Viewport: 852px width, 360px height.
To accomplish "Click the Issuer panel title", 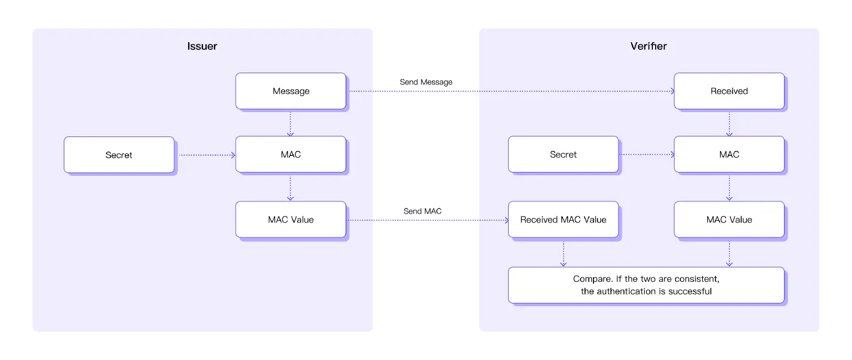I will point(202,46).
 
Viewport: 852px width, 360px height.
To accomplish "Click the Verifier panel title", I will point(648,46).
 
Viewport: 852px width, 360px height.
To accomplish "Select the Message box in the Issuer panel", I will point(291,91).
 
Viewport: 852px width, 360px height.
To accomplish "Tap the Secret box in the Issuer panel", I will point(119,155).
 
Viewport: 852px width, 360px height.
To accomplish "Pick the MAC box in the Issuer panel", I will point(291,154).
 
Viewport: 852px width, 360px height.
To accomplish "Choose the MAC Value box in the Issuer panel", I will point(291,220).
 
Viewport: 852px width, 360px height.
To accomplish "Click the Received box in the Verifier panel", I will point(729,91).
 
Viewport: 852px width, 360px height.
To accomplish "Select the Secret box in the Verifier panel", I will point(563,154).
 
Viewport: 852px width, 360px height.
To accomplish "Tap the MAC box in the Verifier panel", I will point(729,154).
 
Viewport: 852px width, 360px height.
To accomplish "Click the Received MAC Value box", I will point(563,220).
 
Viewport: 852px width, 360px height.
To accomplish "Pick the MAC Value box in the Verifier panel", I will point(729,220).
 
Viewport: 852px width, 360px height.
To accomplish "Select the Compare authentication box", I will point(646,285).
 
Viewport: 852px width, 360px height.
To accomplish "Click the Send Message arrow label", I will point(426,82).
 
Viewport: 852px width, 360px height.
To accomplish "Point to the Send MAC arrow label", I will point(423,211).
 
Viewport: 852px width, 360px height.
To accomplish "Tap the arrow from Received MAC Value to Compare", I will point(563,253).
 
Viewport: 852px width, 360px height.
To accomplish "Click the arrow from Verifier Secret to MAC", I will point(646,155).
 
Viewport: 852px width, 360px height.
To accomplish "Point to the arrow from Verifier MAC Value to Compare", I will point(729,253).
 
